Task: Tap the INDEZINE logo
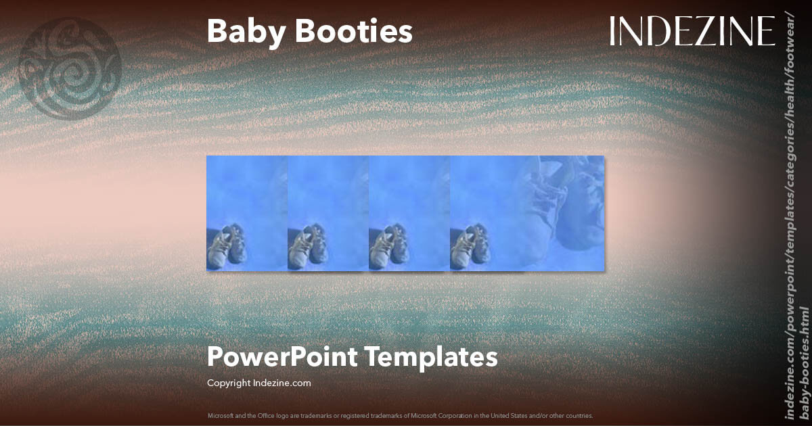[x=692, y=31]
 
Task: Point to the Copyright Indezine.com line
[x=258, y=383]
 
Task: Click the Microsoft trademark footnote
[x=400, y=415]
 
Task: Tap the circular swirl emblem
[x=70, y=68]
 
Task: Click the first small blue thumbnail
[x=246, y=213]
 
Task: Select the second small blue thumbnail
[x=328, y=213]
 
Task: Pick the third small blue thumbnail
[x=409, y=213]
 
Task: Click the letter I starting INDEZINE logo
[x=613, y=31]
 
